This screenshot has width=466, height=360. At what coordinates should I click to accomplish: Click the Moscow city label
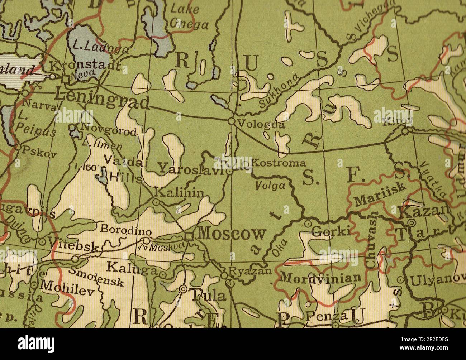tap(232, 234)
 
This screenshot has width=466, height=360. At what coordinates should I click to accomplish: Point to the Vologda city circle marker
tap(232, 121)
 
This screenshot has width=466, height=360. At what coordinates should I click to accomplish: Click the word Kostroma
tap(279, 163)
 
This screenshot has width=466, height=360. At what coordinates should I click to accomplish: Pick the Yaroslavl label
tap(191, 168)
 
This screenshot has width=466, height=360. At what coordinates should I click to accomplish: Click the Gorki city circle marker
tap(308, 224)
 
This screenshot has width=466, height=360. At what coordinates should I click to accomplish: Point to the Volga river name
tap(270, 186)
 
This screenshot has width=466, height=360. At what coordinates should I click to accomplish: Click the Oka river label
tap(276, 248)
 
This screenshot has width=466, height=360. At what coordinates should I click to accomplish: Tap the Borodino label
tap(123, 229)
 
